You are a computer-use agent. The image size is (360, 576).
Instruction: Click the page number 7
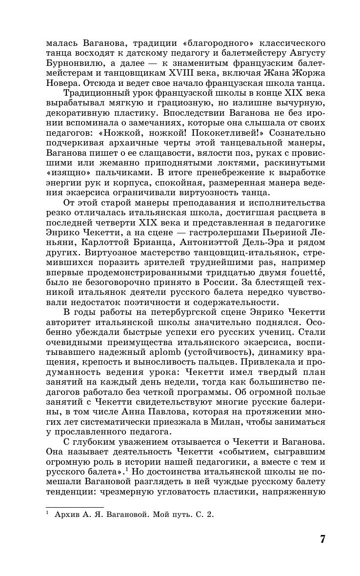(x=322, y=539)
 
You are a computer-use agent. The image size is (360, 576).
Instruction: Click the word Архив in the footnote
(x=68, y=514)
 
